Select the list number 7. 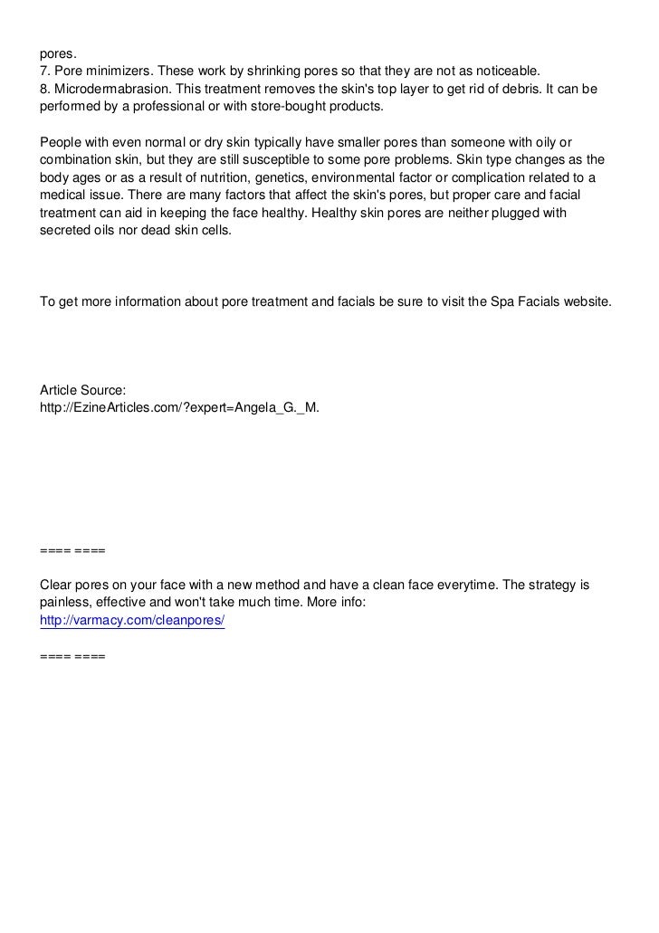[x=43, y=72]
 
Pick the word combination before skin [x=77, y=158]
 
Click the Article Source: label [x=89, y=389]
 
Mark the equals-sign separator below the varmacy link [x=72, y=655]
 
